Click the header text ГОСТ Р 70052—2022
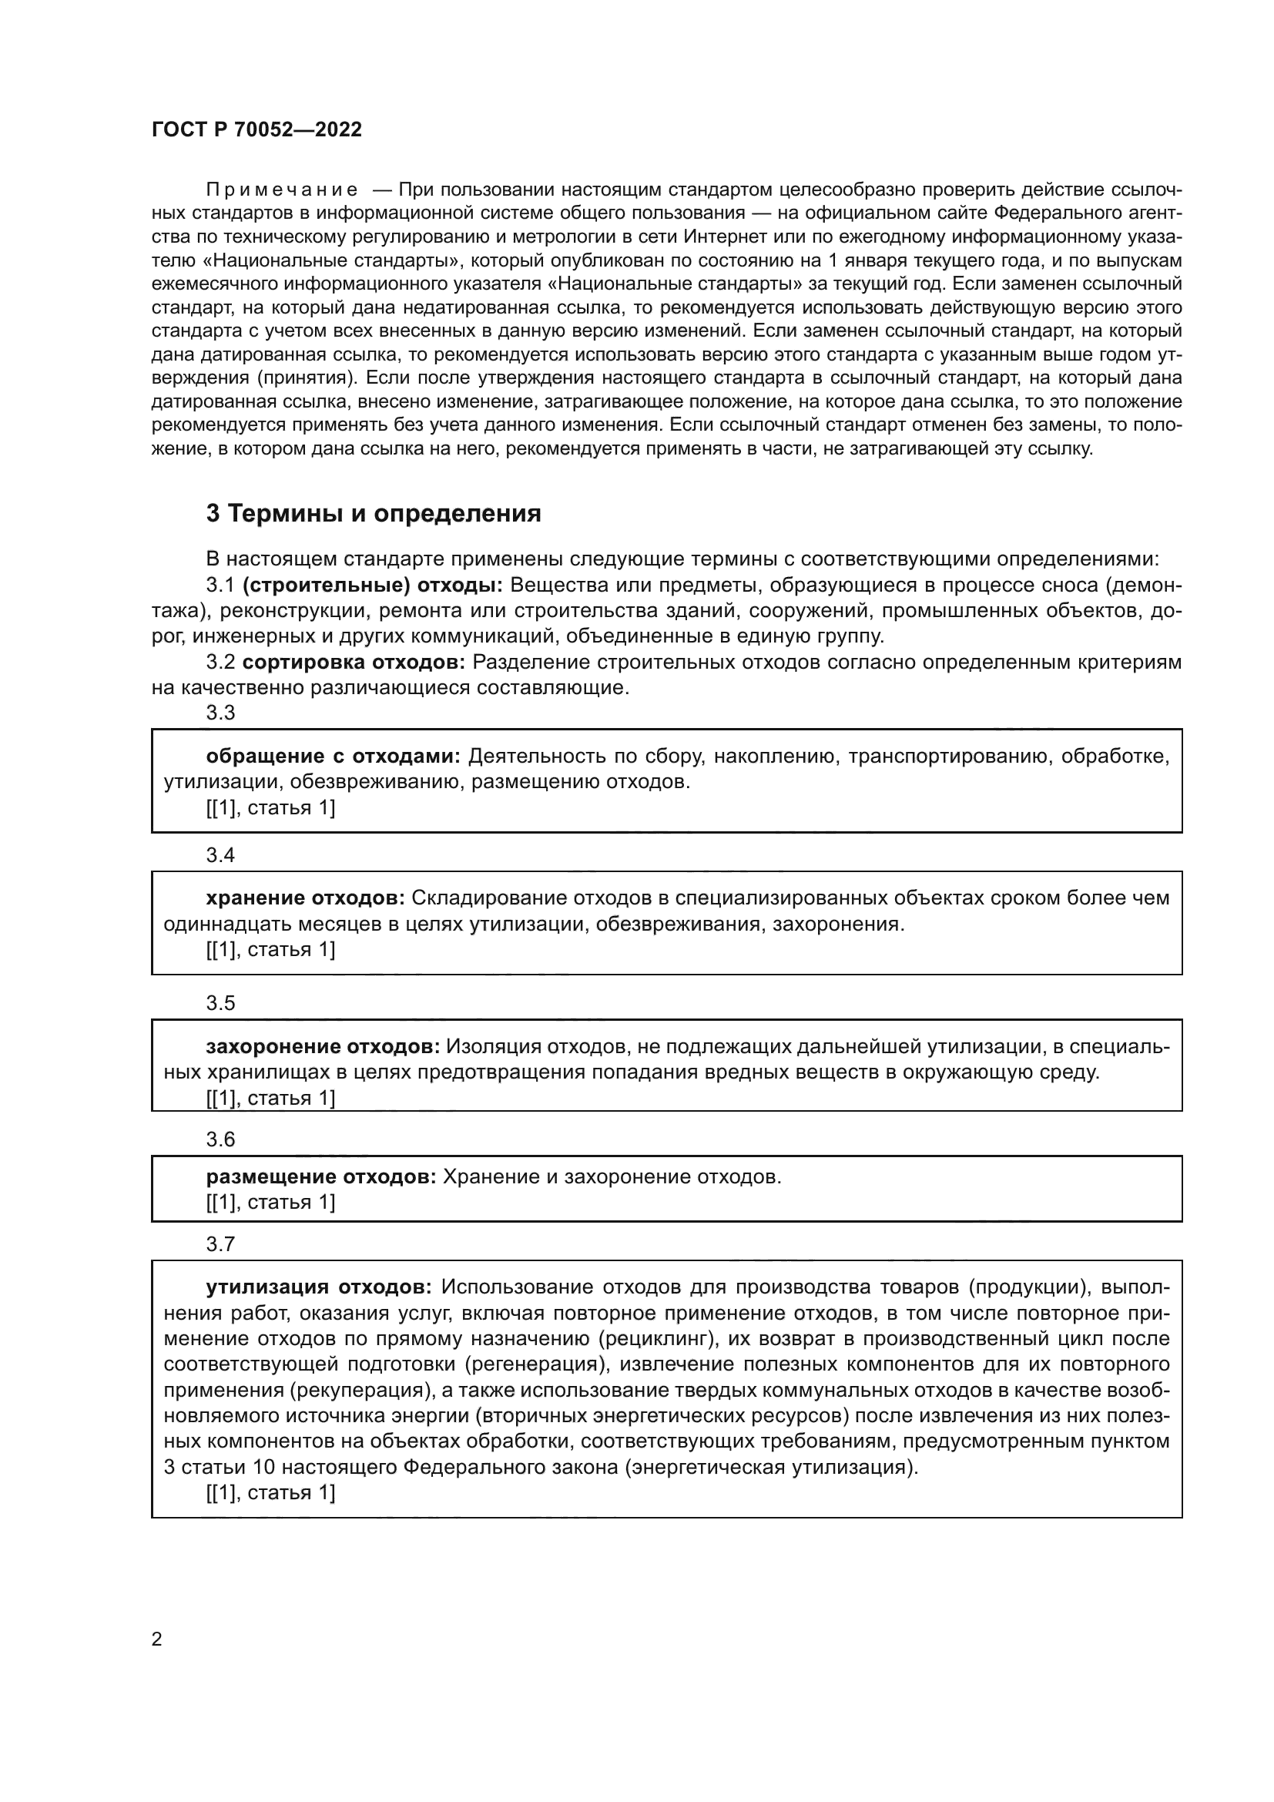pos(256,129)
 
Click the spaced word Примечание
pos(282,190)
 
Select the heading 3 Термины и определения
pos(374,513)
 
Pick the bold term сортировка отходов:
pos(353,662)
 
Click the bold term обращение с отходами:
pos(334,756)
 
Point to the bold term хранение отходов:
pos(305,897)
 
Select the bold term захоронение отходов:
pos(323,1046)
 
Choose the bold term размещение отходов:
pos(321,1176)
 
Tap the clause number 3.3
pos(220,713)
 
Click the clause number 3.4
pos(220,854)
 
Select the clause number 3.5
pos(220,1003)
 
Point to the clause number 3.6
pos(220,1139)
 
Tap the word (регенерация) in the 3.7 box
pos(536,1364)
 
